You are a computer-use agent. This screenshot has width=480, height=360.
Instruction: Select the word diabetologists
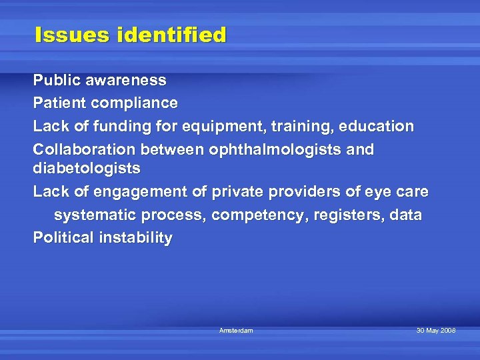point(87,169)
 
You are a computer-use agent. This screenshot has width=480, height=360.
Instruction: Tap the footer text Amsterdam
point(236,331)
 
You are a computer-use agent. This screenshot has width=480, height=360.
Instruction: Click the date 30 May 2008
point(436,331)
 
